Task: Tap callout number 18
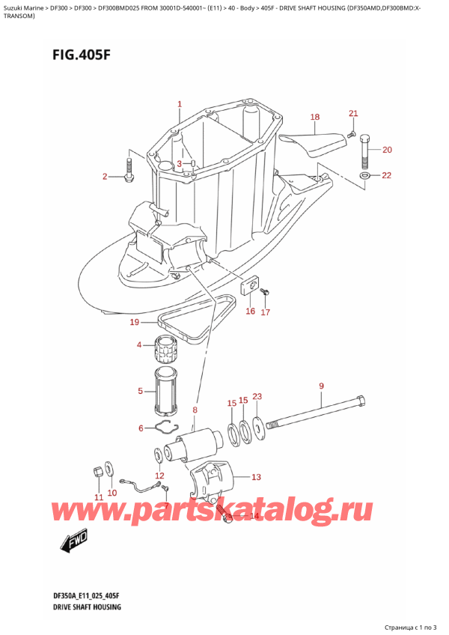point(314,117)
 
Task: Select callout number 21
point(353,113)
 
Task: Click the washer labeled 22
point(365,176)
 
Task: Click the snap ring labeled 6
point(167,428)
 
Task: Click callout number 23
point(257,397)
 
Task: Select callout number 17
point(265,313)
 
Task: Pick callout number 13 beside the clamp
point(256,477)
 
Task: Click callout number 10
point(112,492)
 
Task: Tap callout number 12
point(159,476)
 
